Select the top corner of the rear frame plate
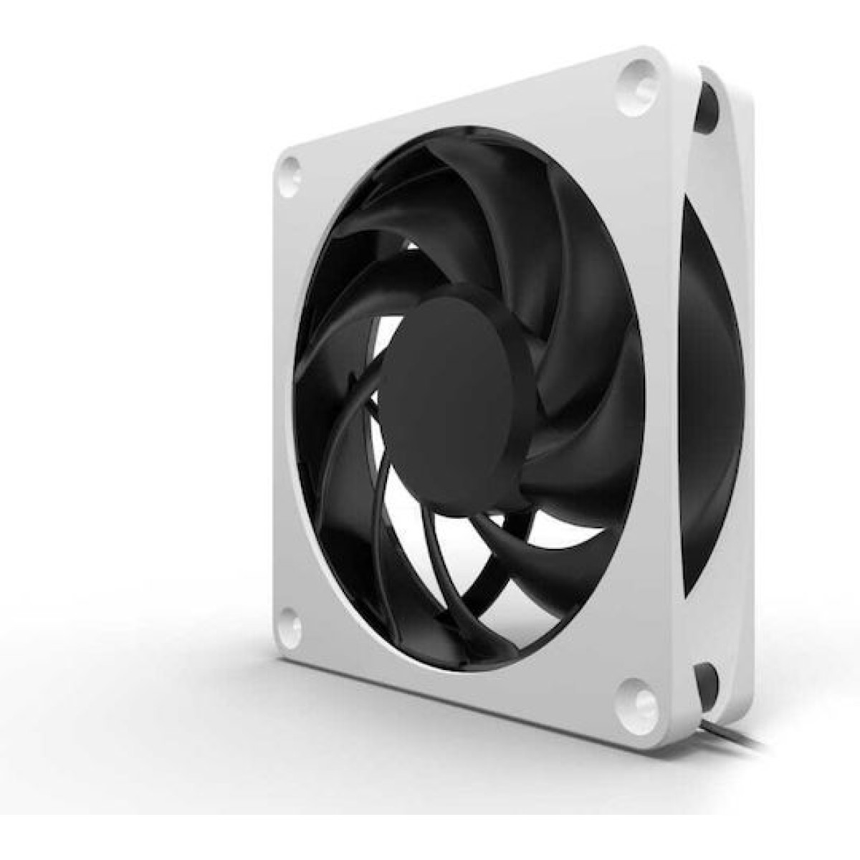pos(706,68)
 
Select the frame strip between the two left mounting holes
pos(287,401)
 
